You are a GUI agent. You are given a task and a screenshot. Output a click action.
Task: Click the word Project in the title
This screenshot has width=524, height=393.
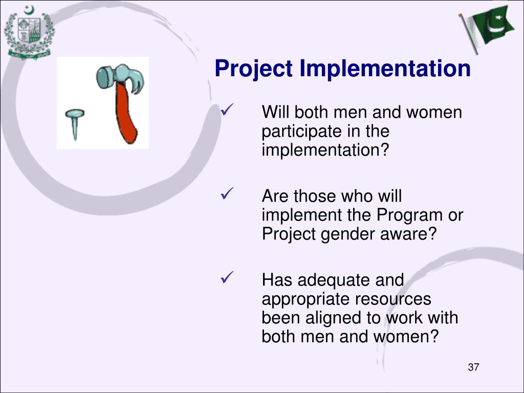point(254,69)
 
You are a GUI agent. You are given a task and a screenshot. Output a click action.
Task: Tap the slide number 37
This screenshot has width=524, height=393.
point(473,367)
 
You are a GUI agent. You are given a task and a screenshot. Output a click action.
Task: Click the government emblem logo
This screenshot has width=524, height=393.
point(29,32)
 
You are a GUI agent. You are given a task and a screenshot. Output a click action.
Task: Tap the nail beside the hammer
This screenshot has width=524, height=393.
point(75,124)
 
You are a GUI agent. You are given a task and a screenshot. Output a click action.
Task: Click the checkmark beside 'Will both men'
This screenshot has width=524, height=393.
point(227,110)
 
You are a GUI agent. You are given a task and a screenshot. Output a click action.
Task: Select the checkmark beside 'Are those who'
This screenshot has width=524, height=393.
point(227,193)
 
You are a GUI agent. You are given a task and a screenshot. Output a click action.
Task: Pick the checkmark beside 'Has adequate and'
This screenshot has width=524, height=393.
point(227,277)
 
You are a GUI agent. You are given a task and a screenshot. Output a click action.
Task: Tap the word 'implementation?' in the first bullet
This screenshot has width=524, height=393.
point(325,150)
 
